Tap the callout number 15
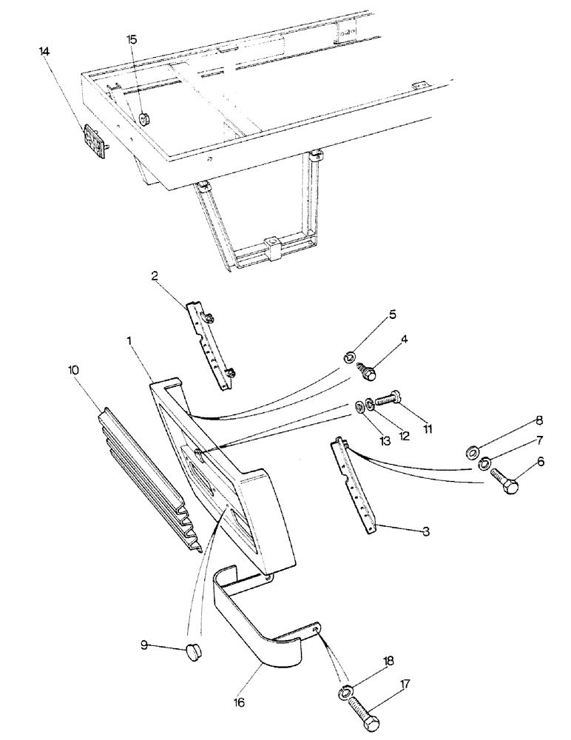(131, 39)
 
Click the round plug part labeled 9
(195, 653)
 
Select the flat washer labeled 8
(471, 451)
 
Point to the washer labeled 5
(348, 358)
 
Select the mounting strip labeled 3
(355, 485)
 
